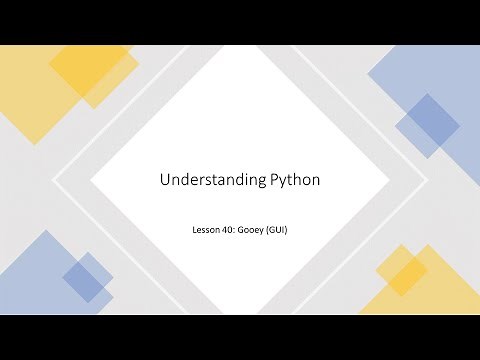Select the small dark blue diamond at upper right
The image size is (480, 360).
pyautogui.click(x=428, y=125)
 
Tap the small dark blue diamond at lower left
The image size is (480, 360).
pyautogui.click(x=88, y=277)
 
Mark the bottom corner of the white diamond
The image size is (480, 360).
pyautogui.click(x=240, y=313)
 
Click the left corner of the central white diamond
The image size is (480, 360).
pyautogui.click(x=91, y=180)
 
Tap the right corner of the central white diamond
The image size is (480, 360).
pyautogui.click(x=389, y=180)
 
